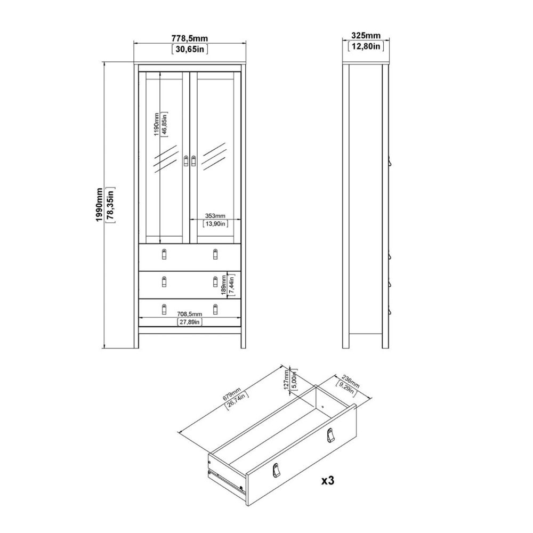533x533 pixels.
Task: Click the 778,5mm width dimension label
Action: click(190, 39)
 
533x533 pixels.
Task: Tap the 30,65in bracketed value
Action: click(190, 49)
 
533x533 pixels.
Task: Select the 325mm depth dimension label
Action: click(366, 35)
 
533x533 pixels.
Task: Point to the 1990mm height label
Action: click(99, 205)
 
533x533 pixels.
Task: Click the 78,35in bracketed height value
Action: click(110, 205)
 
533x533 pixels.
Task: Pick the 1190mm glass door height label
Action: click(156, 124)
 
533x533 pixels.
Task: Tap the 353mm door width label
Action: click(215, 216)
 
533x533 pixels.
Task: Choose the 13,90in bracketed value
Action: click(215, 224)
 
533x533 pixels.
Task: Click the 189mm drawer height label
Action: click(224, 285)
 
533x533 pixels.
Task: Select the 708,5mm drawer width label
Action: click(190, 314)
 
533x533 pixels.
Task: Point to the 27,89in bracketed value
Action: click(190, 322)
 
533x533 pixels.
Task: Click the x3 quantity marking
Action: click(328, 480)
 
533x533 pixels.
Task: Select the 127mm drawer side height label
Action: click(286, 379)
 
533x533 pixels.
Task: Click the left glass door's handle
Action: click(186, 161)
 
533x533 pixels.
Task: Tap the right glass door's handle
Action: click(193, 161)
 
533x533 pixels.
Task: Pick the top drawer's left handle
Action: click(164, 254)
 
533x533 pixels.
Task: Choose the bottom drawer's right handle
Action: click(215, 309)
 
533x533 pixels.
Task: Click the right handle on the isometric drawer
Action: click(330, 435)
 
